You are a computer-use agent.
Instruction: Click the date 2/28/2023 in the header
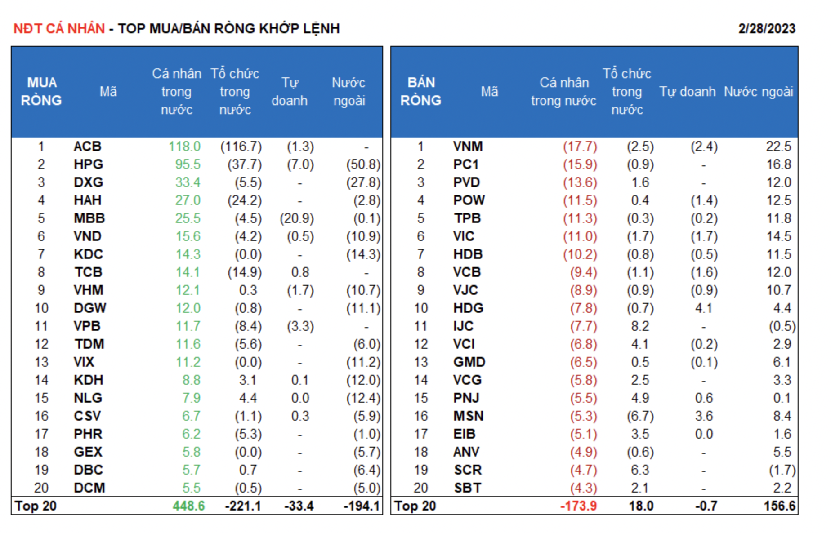pyautogui.click(x=766, y=29)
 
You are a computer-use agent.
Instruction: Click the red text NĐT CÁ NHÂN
pyautogui.click(x=59, y=29)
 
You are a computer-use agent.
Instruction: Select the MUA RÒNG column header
pyautogui.click(x=41, y=92)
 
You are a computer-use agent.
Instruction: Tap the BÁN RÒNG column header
pyautogui.click(x=420, y=92)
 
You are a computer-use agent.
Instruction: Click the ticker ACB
pyautogui.click(x=87, y=147)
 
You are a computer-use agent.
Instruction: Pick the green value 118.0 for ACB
pyautogui.click(x=184, y=147)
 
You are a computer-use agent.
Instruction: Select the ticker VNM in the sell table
pyautogui.click(x=468, y=147)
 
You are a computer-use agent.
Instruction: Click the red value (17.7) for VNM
pyautogui.click(x=580, y=147)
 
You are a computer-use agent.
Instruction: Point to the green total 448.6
pyautogui.click(x=188, y=506)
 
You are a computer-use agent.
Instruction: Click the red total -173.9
pyautogui.click(x=578, y=506)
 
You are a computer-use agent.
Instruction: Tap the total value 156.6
pyautogui.click(x=779, y=506)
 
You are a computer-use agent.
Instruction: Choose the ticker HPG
pyautogui.click(x=88, y=164)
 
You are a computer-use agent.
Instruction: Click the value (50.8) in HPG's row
pyautogui.click(x=363, y=164)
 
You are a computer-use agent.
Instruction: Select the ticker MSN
pyautogui.click(x=468, y=416)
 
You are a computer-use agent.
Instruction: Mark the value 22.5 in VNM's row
pyautogui.click(x=778, y=147)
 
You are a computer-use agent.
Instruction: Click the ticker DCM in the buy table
pyautogui.click(x=89, y=488)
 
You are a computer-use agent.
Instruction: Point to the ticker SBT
pyautogui.click(x=467, y=488)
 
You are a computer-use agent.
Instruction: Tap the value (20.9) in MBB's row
pyautogui.click(x=297, y=218)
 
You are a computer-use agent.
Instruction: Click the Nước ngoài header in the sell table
pyautogui.click(x=758, y=92)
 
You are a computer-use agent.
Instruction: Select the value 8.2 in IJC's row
pyautogui.click(x=640, y=326)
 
